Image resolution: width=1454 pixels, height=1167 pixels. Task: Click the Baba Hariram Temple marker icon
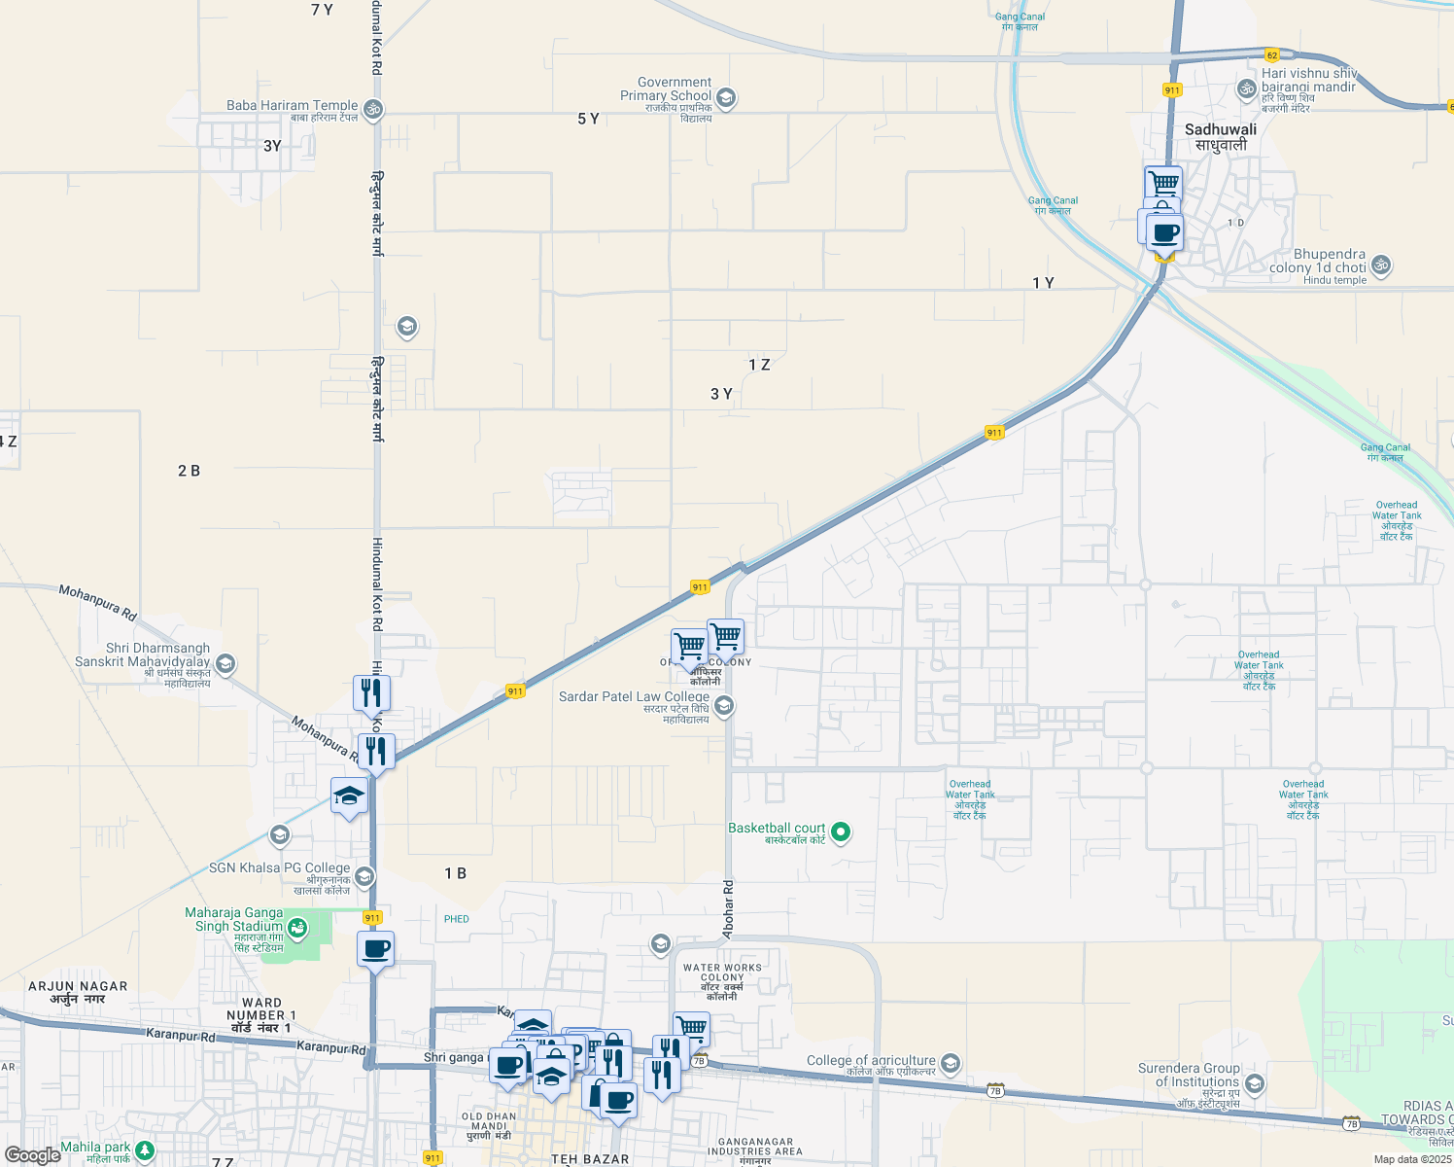[x=373, y=108]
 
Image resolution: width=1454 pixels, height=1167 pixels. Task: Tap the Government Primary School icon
[x=726, y=97]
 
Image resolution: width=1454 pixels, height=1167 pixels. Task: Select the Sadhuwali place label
[x=1221, y=129]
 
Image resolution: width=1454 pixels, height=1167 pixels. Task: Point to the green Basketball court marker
[x=842, y=831]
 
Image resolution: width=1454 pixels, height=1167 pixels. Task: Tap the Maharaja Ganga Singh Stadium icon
[x=297, y=928]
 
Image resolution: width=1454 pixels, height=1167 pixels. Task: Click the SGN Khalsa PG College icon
[x=364, y=876]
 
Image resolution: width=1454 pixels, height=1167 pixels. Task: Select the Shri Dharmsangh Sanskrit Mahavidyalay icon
[x=225, y=664]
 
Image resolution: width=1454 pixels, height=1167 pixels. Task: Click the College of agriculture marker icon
[x=951, y=1063]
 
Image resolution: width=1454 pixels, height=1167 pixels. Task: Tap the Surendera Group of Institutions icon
[x=1255, y=1082]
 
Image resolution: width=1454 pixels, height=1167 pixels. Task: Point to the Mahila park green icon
[x=145, y=1150]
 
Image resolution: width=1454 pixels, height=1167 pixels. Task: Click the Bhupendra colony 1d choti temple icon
[x=1380, y=264]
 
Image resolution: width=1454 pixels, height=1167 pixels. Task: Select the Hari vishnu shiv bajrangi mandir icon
[x=1246, y=89]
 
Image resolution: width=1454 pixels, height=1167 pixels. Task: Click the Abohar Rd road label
[x=729, y=910]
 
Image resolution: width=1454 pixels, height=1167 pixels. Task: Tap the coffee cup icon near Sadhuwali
[x=1164, y=232]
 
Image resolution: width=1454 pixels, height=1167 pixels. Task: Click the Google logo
[x=33, y=1154]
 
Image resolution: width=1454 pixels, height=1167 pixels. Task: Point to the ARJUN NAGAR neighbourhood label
[x=78, y=986]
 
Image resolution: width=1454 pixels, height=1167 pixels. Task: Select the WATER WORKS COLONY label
[x=722, y=972]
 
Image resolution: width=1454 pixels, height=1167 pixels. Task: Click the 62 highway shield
[x=1271, y=55]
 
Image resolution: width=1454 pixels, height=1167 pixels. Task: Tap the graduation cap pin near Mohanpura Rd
[x=349, y=796]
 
